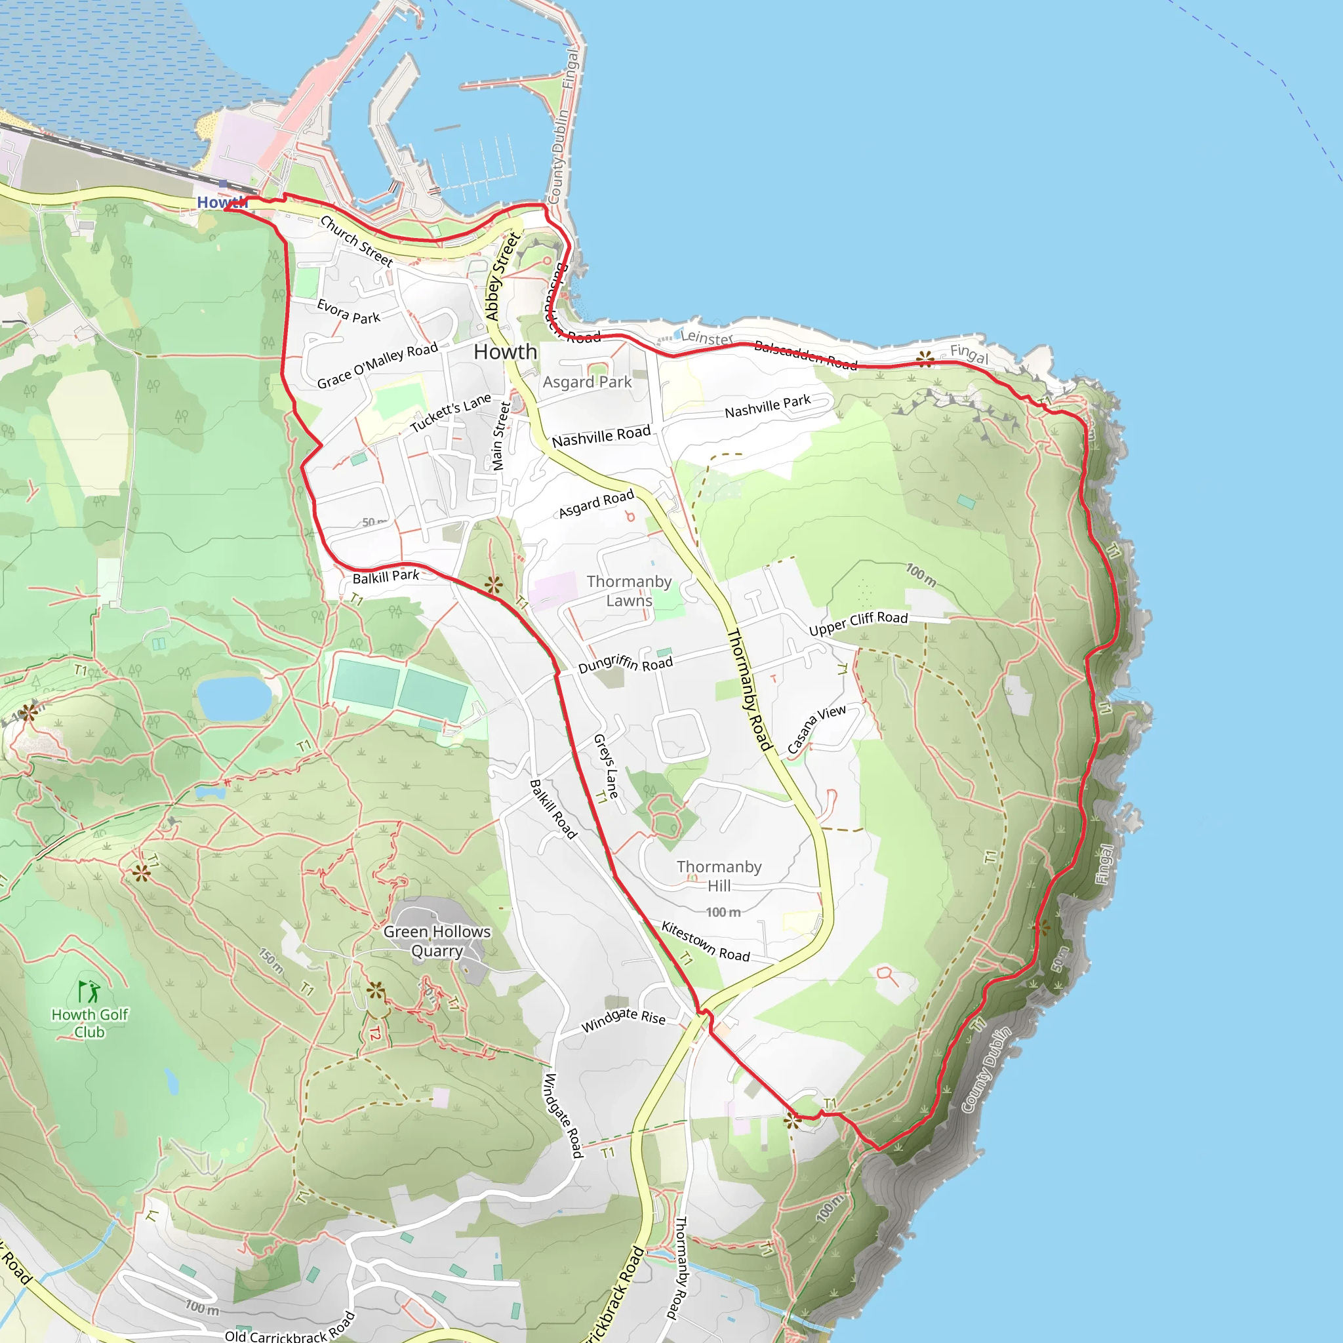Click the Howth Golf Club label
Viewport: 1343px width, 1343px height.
tap(90, 1023)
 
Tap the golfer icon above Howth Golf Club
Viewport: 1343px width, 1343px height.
tap(89, 992)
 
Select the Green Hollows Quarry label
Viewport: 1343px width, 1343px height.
tap(437, 940)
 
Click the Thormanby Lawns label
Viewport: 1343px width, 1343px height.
tap(629, 591)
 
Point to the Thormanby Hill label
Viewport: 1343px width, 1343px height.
tap(719, 876)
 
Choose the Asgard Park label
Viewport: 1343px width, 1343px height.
tap(587, 382)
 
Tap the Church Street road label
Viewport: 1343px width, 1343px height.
tap(357, 241)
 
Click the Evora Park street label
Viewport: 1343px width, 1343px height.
tap(348, 311)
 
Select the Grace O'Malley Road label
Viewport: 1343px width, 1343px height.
tap(378, 365)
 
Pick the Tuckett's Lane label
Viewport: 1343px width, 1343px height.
tap(451, 413)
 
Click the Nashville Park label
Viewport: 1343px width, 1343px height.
tap(767, 406)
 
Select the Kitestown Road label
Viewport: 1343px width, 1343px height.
tap(706, 941)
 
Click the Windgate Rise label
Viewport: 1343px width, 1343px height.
tap(624, 1020)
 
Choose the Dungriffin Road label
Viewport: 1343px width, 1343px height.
tap(626, 663)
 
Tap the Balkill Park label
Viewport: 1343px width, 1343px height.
tap(386, 577)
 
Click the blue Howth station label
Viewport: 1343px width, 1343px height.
tap(222, 202)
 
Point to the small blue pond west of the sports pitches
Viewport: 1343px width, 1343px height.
tap(233, 698)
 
